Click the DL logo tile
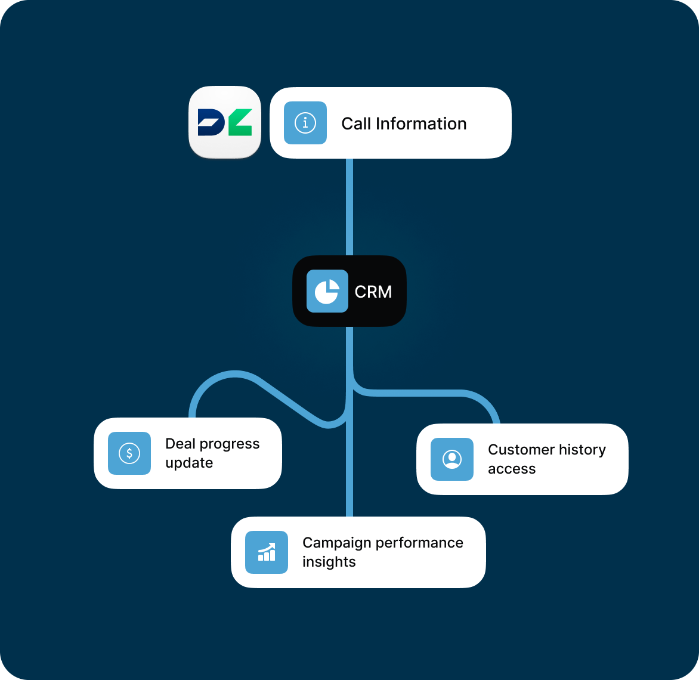225,122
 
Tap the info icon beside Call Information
305,123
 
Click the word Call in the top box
356,123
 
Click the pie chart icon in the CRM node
327,291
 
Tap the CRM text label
373,292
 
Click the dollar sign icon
129,453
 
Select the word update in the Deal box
189,463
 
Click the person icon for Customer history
452,459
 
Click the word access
512,469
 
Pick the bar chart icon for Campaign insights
267,552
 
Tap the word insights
329,562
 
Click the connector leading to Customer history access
429,393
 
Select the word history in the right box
580,450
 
